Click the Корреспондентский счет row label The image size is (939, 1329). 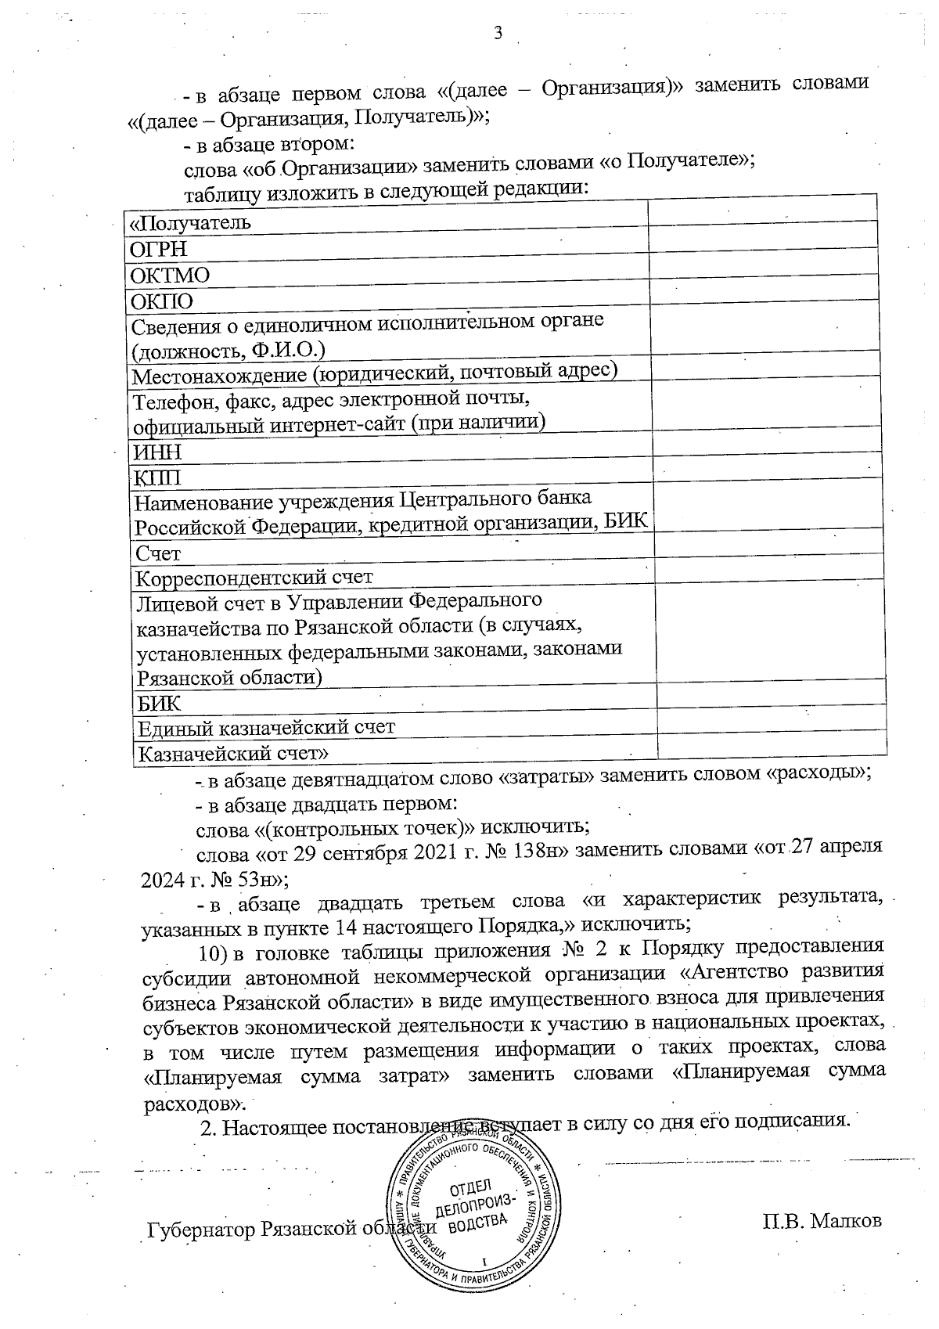click(254, 578)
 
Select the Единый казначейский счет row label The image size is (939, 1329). click(266, 727)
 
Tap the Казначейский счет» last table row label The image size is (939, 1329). click(232, 754)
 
